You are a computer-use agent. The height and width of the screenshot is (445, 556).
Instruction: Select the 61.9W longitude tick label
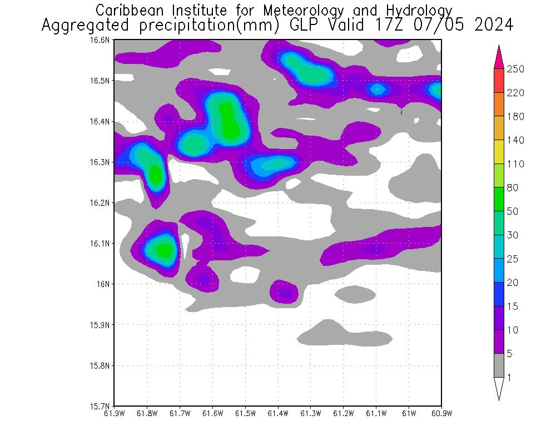[115, 413]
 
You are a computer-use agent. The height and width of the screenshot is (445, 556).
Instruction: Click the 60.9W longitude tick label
[441, 413]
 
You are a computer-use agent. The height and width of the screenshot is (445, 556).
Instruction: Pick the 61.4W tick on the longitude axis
[278, 413]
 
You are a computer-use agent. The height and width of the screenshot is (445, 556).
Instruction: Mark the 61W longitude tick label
[409, 413]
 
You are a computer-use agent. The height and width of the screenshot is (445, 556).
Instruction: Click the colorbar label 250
[515, 69]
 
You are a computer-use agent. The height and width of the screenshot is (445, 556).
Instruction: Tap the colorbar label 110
[515, 164]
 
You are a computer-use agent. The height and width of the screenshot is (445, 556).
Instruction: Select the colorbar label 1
[509, 378]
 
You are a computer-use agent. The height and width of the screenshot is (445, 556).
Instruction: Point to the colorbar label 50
[513, 211]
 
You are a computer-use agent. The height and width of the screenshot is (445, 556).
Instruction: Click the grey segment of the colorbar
[499, 365]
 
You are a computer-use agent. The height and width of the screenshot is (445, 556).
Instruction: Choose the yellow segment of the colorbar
[499, 152]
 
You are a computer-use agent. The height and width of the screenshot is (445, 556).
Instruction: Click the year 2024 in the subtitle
[493, 26]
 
